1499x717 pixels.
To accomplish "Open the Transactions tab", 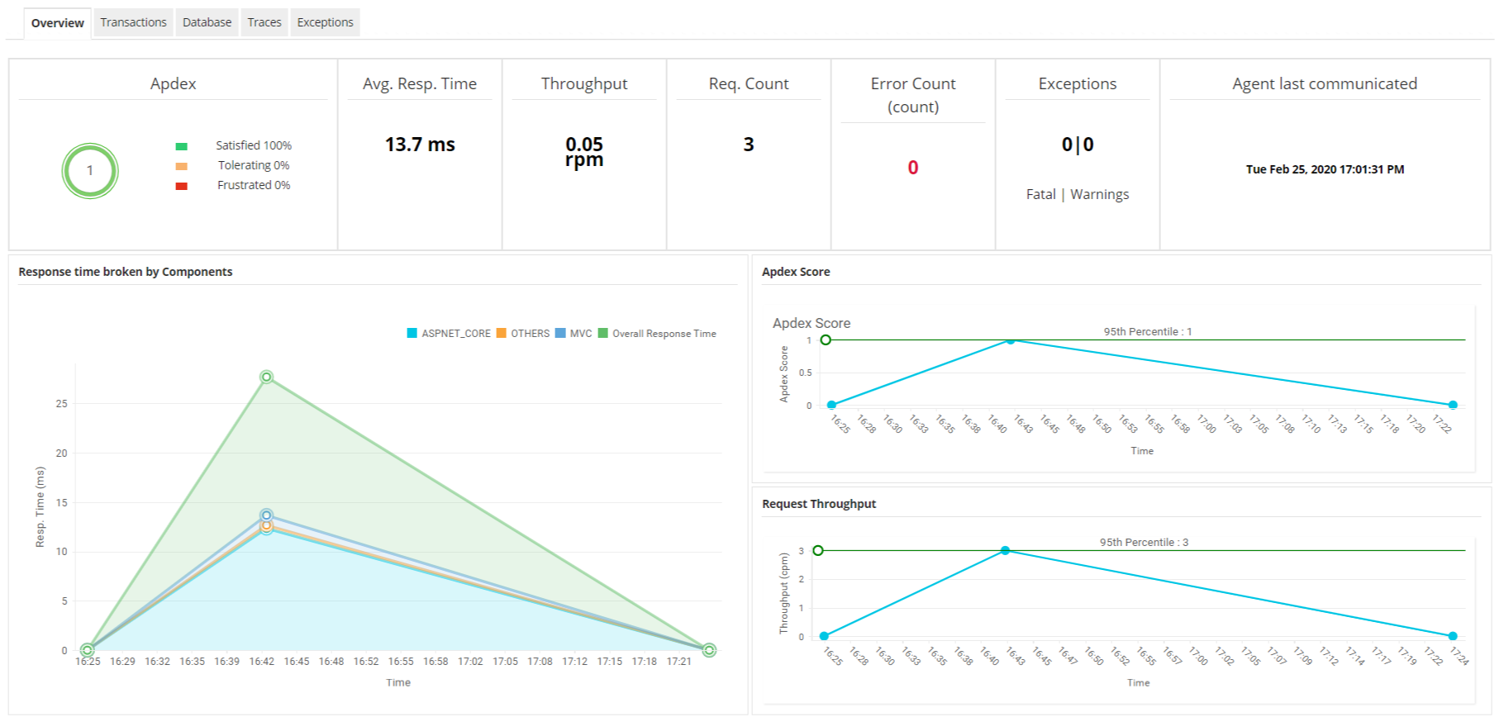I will point(133,22).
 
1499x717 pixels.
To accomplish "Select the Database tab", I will point(207,22).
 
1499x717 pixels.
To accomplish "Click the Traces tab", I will point(264,22).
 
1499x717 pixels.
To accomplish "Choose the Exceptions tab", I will point(325,22).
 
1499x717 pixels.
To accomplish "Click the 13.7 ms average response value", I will point(420,145).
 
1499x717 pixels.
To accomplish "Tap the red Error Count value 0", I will point(913,168).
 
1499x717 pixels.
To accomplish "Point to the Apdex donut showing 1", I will point(90,171).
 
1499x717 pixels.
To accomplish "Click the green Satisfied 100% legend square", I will point(182,146).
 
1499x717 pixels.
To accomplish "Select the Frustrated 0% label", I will point(254,185).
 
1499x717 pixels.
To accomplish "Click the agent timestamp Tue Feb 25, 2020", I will point(1325,169).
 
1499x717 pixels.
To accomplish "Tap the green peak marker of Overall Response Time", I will point(266,377).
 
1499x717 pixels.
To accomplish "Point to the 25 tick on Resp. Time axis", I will point(62,404).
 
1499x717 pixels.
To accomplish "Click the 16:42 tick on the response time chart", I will point(262,662).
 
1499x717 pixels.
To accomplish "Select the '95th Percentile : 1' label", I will point(1147,332).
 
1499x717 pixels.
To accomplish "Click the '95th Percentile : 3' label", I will point(1144,543).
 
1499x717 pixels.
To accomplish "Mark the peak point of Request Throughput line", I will point(1005,551).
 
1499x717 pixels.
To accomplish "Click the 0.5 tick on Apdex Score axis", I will point(805,373).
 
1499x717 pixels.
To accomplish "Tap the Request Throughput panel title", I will point(818,504).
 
